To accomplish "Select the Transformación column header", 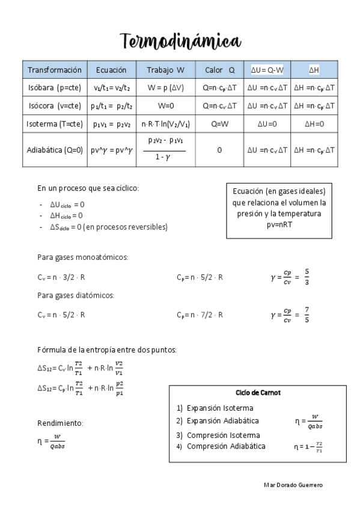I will click(x=55, y=70).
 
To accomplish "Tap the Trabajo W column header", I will click(x=165, y=70).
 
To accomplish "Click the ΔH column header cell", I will click(x=314, y=70).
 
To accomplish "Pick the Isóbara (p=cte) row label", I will click(x=55, y=88).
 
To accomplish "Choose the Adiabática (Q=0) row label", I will click(x=55, y=150).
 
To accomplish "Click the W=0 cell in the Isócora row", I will click(x=165, y=106).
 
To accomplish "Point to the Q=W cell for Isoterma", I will click(x=219, y=124).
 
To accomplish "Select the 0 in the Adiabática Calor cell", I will click(x=219, y=150).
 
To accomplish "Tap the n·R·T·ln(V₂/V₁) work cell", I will click(x=165, y=124).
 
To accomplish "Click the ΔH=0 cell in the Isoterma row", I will click(x=314, y=124).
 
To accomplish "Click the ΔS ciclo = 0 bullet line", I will click(x=109, y=227).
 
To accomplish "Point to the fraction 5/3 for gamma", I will click(x=307, y=277).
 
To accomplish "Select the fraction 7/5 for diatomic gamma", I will click(x=307, y=315).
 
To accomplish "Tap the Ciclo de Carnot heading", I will click(x=258, y=392).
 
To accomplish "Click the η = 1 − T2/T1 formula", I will click(x=312, y=447).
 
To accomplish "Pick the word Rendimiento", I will click(x=60, y=423).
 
